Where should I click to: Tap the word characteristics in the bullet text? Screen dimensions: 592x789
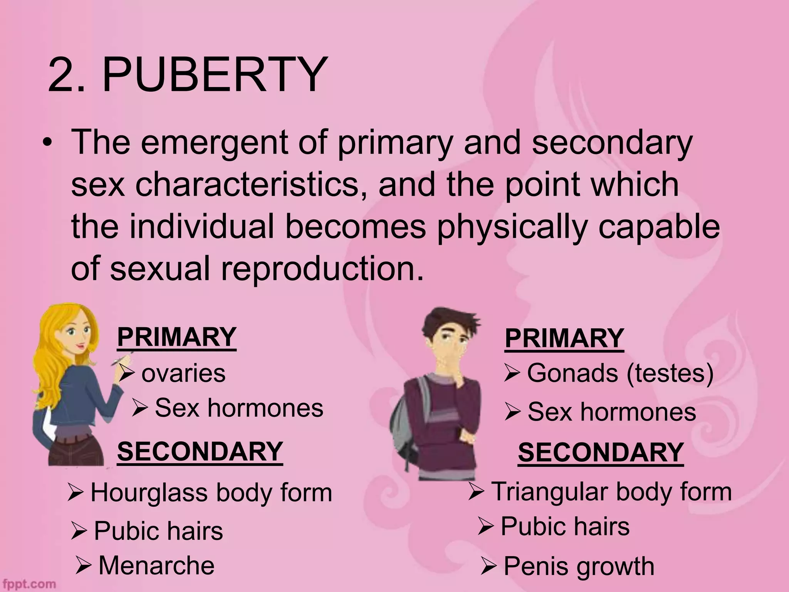(247, 184)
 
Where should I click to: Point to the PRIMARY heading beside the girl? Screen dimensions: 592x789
(176, 337)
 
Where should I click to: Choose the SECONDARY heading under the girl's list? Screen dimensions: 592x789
(200, 452)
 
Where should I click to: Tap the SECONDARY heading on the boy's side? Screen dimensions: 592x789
(601, 452)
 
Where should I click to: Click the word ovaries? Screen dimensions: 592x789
(183, 373)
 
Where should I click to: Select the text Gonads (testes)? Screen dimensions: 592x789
(620, 373)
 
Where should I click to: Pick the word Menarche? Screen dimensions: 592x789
(156, 565)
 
